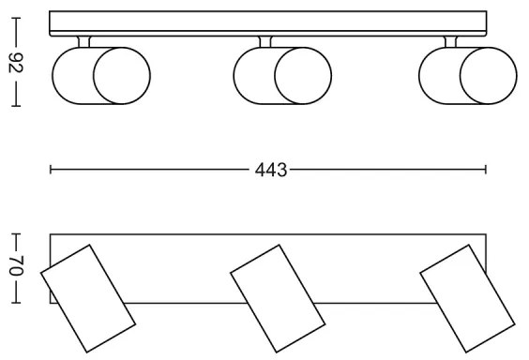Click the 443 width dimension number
(x=268, y=170)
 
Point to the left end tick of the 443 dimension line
(x=50, y=170)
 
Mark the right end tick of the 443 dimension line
(x=486, y=170)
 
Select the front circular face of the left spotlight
(x=117, y=77)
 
